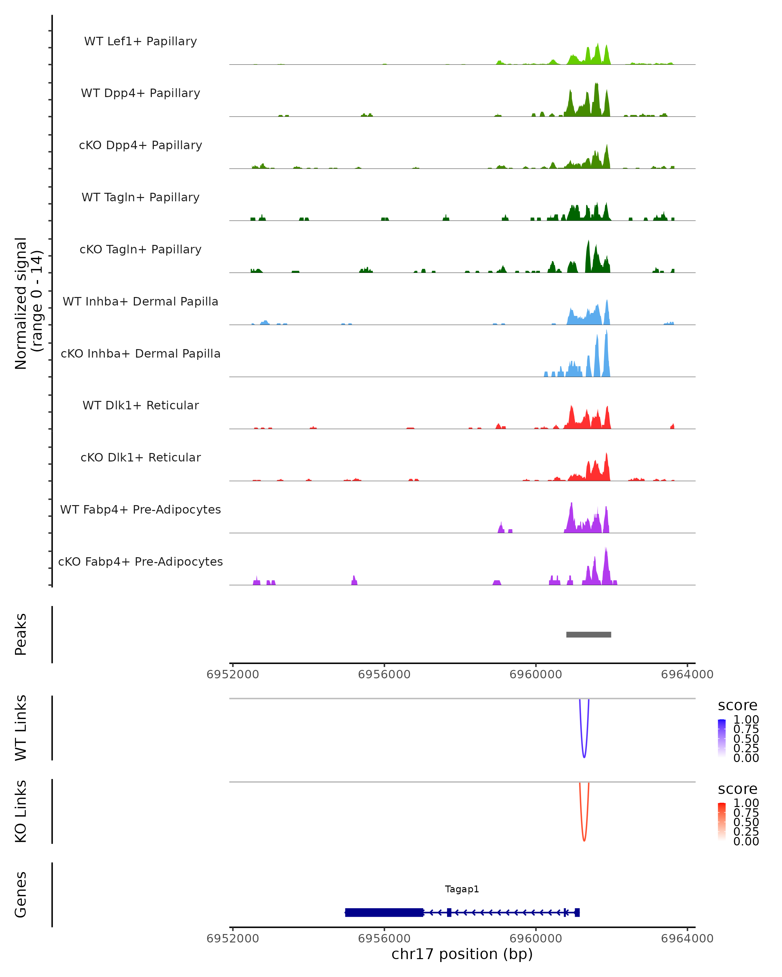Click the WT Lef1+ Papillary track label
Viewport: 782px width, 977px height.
[140, 41]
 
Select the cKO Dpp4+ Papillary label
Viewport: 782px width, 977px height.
[140, 146]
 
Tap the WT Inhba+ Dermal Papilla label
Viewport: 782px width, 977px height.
[140, 302]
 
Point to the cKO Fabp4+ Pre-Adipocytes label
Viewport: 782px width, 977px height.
[140, 562]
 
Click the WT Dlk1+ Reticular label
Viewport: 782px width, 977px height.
[140, 405]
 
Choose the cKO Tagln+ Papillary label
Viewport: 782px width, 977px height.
[140, 250]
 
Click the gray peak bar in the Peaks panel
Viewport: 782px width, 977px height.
[588, 635]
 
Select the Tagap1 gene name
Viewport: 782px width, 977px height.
[462, 889]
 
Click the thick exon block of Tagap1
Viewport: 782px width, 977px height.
[384, 913]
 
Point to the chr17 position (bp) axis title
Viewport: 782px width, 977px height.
[462, 954]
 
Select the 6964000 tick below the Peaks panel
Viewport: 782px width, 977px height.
[687, 674]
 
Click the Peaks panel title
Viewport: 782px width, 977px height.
[21, 634]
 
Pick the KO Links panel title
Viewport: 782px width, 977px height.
[21, 811]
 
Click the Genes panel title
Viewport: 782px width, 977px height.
[21, 895]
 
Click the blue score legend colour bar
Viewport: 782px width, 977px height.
[722, 738]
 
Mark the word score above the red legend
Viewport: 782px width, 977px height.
[738, 789]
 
